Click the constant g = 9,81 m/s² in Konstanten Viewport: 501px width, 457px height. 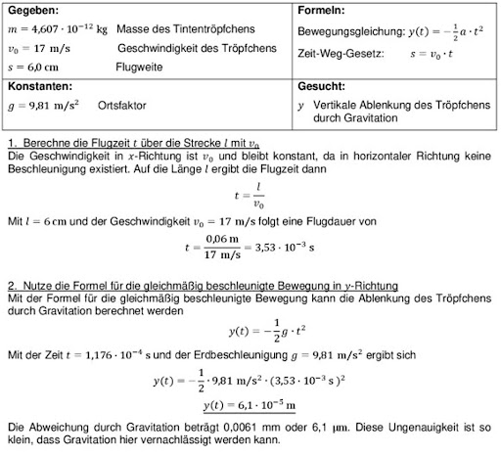tap(47, 105)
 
